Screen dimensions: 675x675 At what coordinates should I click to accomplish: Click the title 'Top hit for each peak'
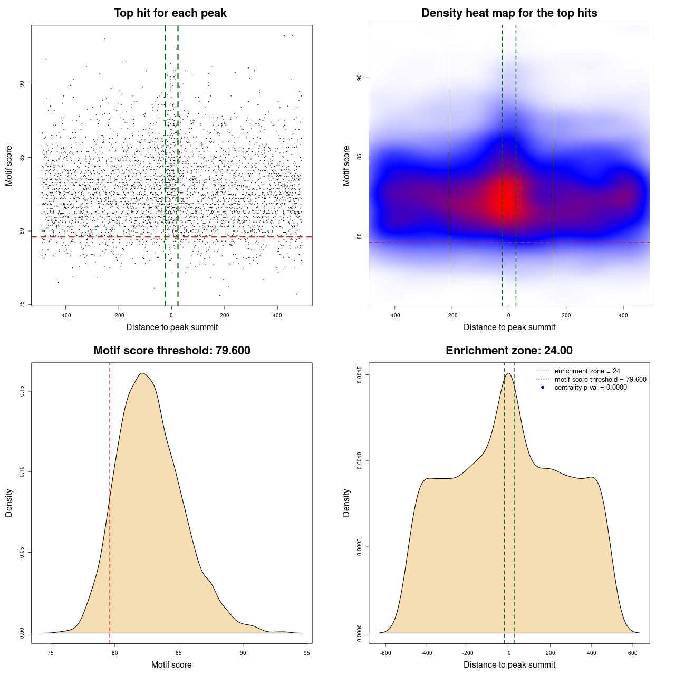pyautogui.click(x=170, y=13)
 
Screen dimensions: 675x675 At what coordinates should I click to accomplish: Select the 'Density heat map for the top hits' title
pyautogui.click(x=509, y=13)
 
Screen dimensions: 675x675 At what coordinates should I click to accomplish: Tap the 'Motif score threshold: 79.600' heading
pyautogui.click(x=171, y=351)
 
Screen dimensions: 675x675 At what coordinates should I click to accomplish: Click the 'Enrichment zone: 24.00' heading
pyautogui.click(x=509, y=351)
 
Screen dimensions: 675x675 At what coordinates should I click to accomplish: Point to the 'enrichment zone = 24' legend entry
pyautogui.click(x=587, y=371)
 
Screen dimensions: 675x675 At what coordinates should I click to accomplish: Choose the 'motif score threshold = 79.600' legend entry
pyautogui.click(x=600, y=380)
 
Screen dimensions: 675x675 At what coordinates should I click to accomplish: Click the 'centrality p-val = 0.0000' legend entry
pyautogui.click(x=591, y=388)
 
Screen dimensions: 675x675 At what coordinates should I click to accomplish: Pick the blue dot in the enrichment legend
pyautogui.click(x=543, y=388)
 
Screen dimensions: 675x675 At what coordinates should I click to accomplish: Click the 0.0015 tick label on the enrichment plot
pyautogui.click(x=359, y=374)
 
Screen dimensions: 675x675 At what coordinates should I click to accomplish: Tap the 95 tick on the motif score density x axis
pyautogui.click(x=307, y=653)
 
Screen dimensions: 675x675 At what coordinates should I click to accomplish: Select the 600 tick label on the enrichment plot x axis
pyautogui.click(x=633, y=653)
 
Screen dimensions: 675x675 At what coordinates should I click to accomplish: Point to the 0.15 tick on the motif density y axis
pyautogui.click(x=22, y=391)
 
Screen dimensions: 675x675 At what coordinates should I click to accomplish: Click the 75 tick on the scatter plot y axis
pyautogui.click(x=22, y=304)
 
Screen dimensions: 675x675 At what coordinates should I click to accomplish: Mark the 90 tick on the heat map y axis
pyautogui.click(x=359, y=78)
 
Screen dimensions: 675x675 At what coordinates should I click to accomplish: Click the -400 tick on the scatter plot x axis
pyautogui.click(x=65, y=315)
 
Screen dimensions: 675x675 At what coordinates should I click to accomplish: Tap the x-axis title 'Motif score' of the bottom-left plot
pyautogui.click(x=171, y=664)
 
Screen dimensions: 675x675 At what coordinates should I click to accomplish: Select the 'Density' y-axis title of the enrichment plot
pyautogui.click(x=346, y=503)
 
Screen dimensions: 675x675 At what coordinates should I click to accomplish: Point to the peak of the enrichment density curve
pyautogui.click(x=508, y=373)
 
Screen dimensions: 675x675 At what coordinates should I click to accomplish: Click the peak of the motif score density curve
pyautogui.click(x=142, y=373)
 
